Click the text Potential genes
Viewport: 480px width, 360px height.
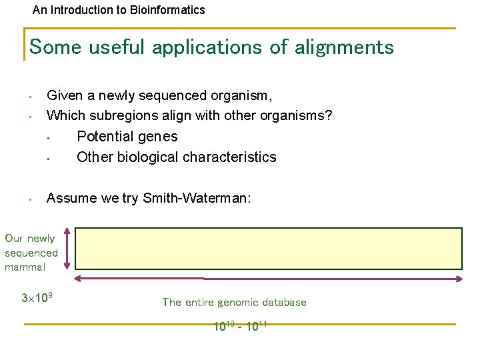click(x=127, y=137)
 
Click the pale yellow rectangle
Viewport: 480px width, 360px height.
click(x=268, y=247)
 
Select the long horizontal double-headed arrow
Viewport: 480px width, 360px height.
click(x=268, y=279)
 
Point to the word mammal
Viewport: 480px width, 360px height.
click(x=25, y=267)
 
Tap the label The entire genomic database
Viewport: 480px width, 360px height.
click(x=234, y=302)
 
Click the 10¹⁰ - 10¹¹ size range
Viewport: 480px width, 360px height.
click(x=240, y=326)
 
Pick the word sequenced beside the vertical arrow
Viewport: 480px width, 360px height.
click(x=31, y=253)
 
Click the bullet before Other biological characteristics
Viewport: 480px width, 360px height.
click(x=49, y=159)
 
